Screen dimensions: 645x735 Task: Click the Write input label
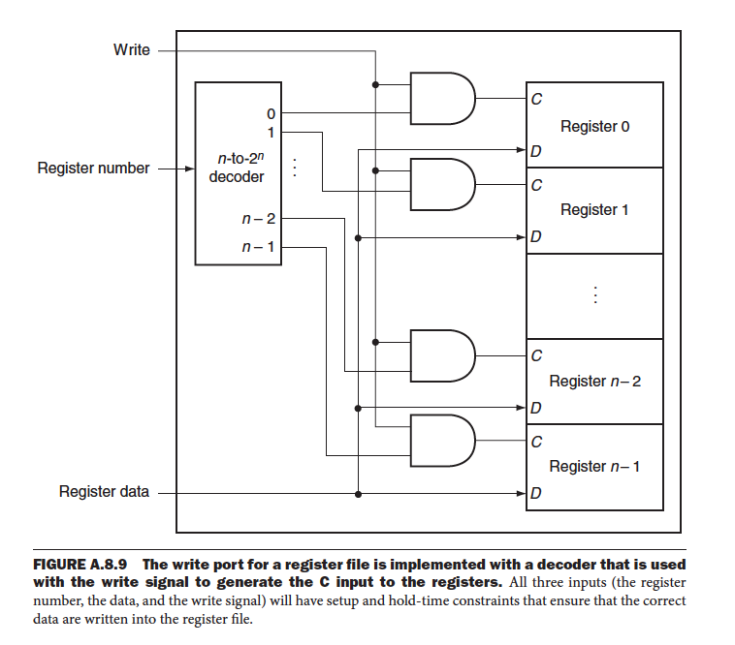(x=132, y=49)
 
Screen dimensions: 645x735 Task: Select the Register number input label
(x=93, y=169)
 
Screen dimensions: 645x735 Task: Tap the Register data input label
(x=104, y=492)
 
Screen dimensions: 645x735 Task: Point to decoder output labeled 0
(x=271, y=113)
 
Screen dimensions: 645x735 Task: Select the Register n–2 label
(x=594, y=381)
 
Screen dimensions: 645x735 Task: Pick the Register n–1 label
(x=594, y=466)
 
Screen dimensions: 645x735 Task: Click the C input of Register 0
(x=536, y=98)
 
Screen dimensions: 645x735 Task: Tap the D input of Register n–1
(x=536, y=494)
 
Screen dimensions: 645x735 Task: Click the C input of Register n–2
(x=536, y=354)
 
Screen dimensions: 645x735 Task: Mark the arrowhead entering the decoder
(x=189, y=169)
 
